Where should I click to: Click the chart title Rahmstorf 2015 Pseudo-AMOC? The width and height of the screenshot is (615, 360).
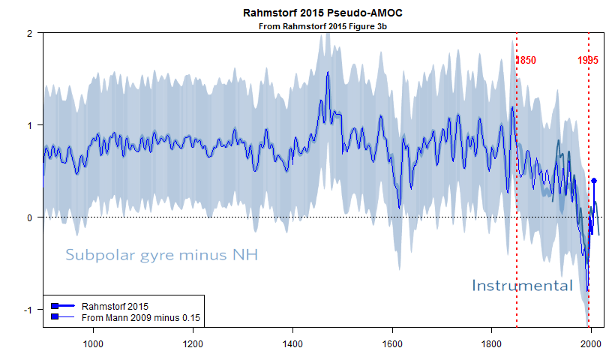[317, 13]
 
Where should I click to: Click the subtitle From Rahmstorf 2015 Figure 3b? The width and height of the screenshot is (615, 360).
[317, 26]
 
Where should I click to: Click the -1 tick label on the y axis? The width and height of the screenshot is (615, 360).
[27, 310]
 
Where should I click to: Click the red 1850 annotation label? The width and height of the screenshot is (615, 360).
[525, 61]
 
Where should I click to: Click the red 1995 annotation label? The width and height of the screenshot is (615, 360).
[588, 61]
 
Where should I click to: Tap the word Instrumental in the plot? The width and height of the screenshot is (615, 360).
[522, 285]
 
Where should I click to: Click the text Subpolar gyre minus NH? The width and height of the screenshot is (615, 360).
[161, 255]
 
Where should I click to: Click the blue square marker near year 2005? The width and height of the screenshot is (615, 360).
[594, 181]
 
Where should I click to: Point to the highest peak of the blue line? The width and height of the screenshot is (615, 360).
[328, 73]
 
